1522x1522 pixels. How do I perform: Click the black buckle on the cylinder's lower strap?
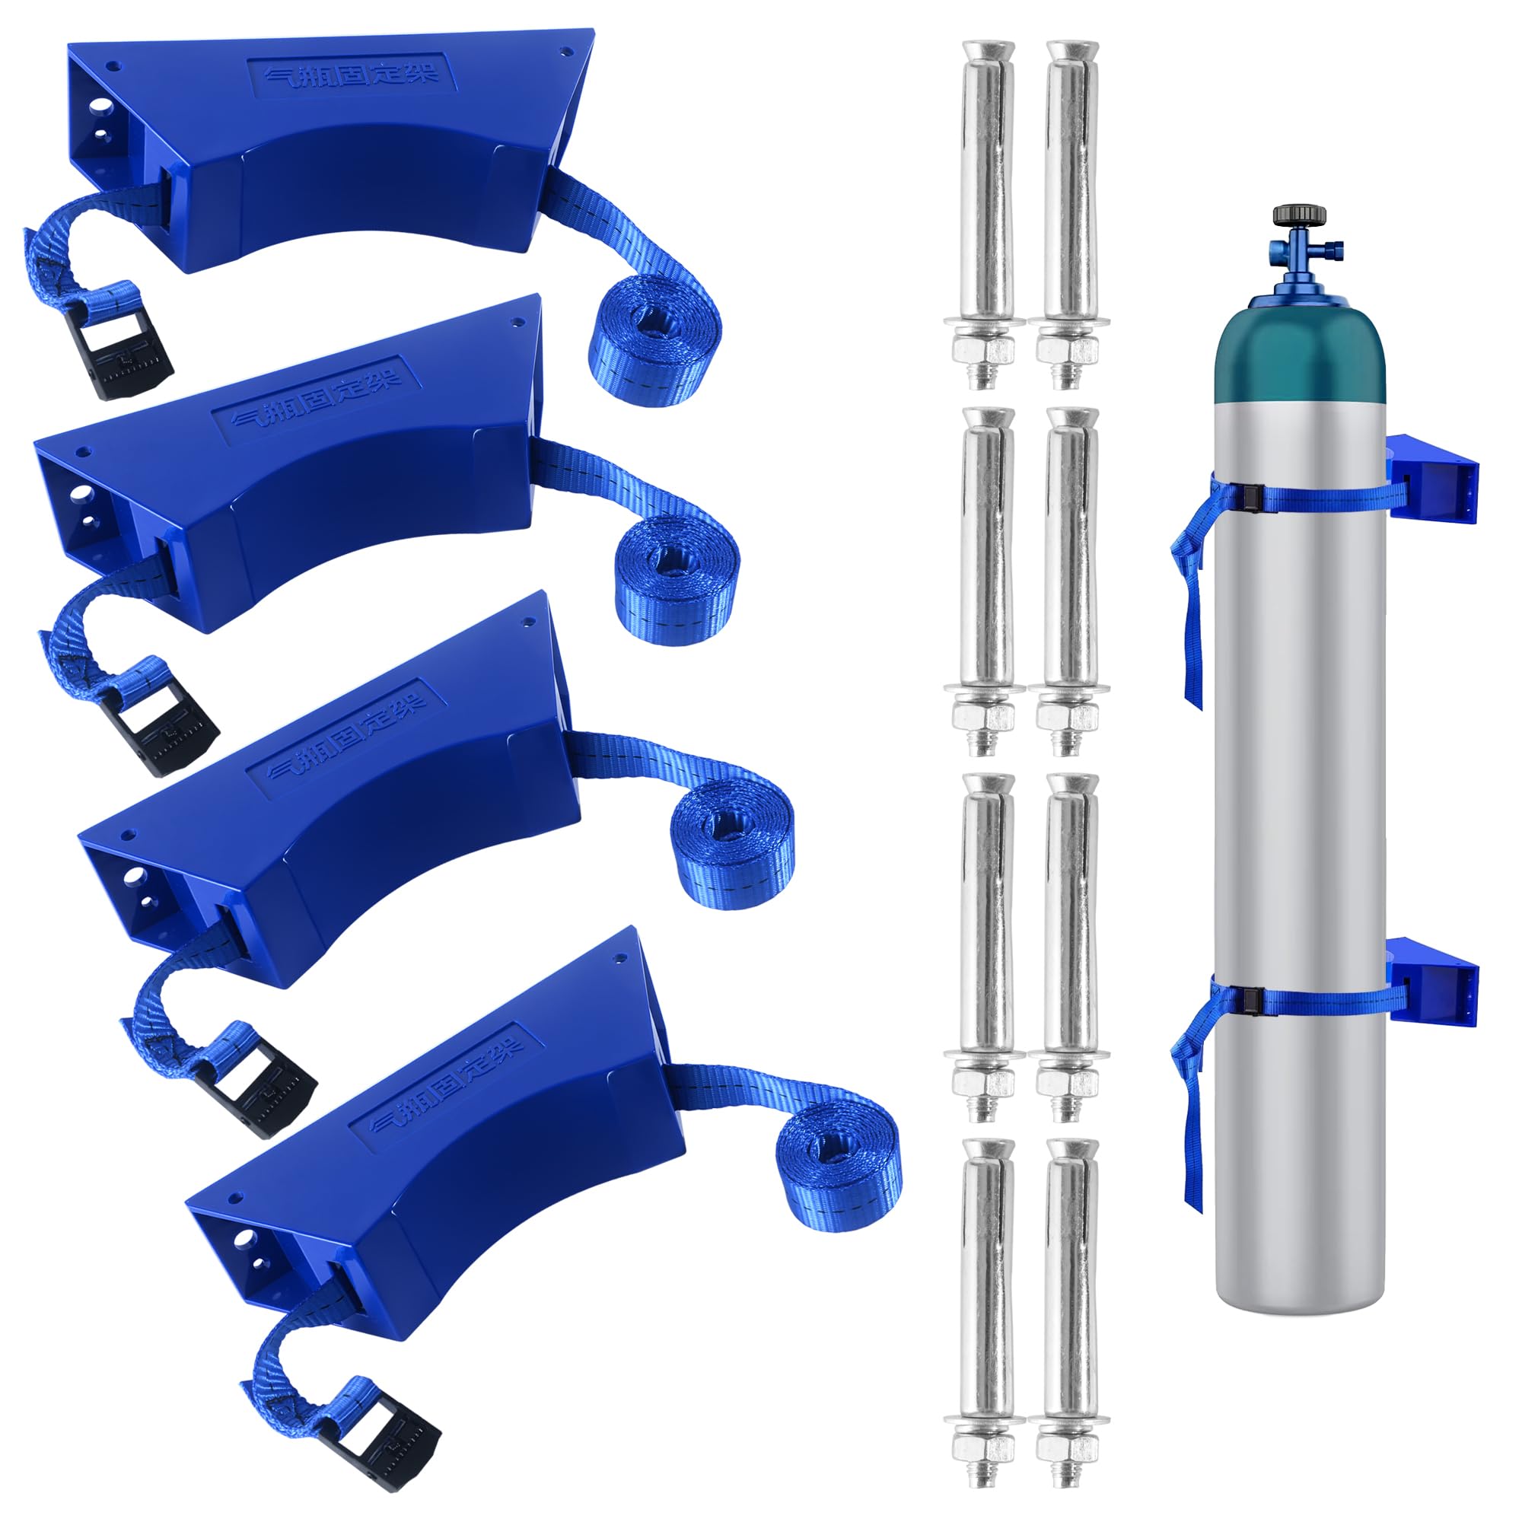point(1252,1001)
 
